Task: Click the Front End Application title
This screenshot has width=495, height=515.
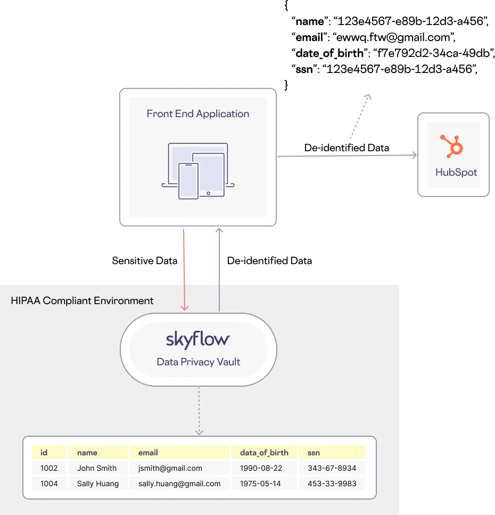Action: [197, 113]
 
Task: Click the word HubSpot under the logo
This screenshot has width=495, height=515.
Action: [456, 173]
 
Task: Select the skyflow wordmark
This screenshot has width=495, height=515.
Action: [198, 339]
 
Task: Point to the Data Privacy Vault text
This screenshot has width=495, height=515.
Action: [198, 362]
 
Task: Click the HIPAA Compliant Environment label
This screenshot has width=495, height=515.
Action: [82, 301]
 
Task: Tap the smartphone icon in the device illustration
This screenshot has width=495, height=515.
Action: [188, 181]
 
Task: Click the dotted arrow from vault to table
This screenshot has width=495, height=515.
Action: [199, 410]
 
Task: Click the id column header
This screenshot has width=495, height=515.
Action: [44, 453]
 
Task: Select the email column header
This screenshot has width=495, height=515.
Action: [148, 453]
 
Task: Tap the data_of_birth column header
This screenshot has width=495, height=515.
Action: [264, 453]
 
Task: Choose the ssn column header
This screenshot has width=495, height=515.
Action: [313, 453]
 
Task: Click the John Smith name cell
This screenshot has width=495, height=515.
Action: [97, 468]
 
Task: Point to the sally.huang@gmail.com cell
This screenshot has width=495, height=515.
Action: [179, 484]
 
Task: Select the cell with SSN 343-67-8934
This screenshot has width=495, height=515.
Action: [332, 468]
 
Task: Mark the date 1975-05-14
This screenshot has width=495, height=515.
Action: [261, 484]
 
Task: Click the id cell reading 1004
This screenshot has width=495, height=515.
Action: [49, 484]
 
